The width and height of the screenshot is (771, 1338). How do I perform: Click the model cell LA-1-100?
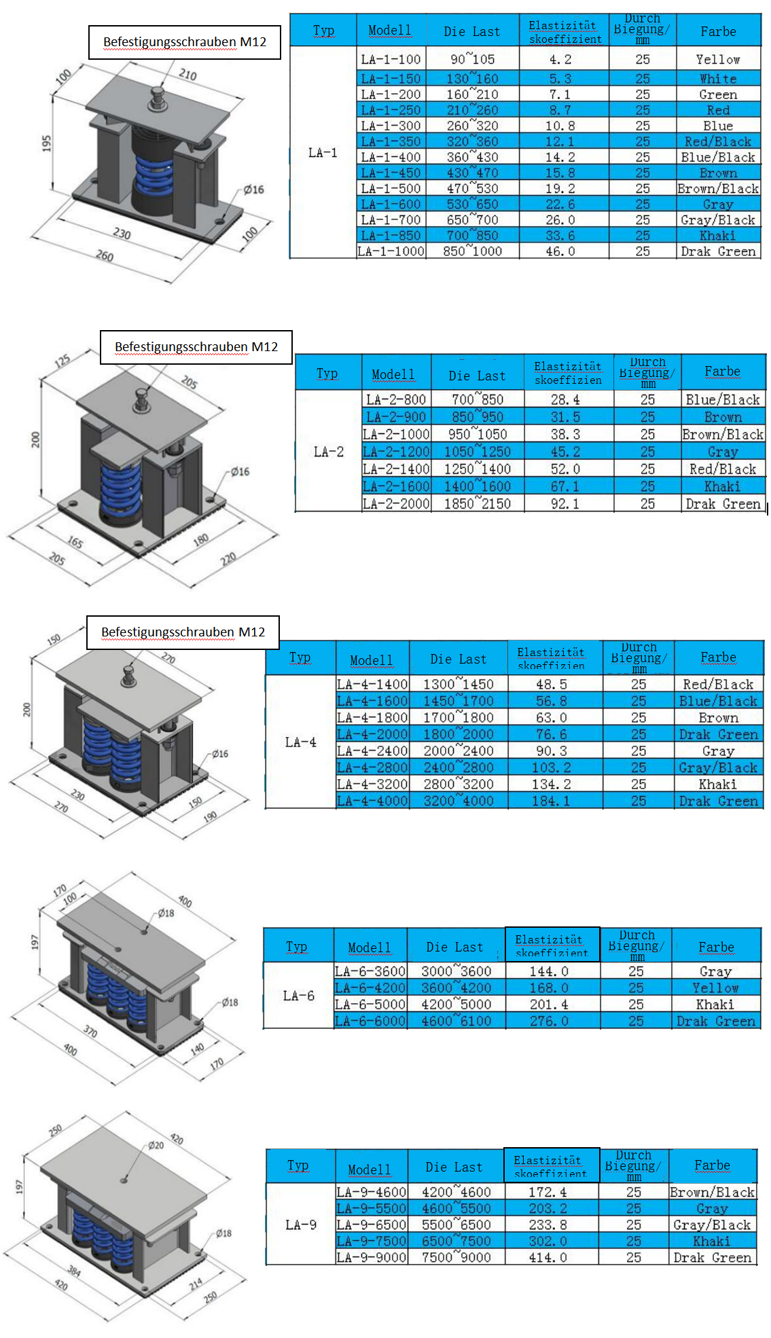391,59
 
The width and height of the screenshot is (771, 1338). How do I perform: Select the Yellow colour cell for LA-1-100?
718,59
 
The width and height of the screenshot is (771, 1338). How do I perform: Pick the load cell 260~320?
472,126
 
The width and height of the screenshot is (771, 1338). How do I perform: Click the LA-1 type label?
323,153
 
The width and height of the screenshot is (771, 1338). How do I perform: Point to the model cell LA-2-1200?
396,452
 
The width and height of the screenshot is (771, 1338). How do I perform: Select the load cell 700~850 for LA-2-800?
478,399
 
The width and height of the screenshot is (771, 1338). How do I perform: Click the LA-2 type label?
329,452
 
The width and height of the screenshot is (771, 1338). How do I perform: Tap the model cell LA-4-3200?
372,784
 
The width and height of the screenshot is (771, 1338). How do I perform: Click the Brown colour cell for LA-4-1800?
718,718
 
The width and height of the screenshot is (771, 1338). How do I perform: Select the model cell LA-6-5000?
370,1005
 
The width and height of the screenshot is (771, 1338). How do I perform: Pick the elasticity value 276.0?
549,1021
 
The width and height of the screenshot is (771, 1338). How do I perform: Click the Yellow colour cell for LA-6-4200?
715,988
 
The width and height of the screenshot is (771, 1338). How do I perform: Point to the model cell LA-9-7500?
371,1241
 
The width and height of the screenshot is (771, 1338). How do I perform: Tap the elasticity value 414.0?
548,1258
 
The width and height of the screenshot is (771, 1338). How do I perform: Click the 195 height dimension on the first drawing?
46,143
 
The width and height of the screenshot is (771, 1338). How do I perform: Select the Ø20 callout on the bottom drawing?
156,1145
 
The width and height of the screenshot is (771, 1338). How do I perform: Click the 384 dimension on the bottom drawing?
74,1271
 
